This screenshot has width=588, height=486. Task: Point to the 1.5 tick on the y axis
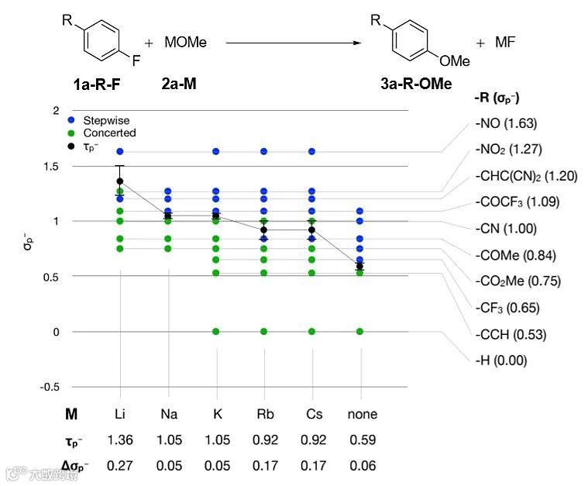[x=51, y=167]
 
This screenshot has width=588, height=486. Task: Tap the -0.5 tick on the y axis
[x=50, y=387]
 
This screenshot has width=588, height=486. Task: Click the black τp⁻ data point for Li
[x=120, y=181]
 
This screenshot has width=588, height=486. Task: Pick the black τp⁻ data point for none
[x=359, y=267]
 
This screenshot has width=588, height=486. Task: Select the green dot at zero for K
[x=216, y=332]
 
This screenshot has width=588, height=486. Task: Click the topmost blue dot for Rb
[x=264, y=151]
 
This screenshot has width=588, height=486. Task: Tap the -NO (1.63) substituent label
[x=506, y=123]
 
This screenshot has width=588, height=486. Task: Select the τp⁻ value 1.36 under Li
[x=120, y=440]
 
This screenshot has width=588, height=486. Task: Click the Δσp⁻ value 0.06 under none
[x=362, y=466]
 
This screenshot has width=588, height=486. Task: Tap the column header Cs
[x=315, y=414]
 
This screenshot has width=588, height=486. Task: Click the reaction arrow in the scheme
[x=294, y=43]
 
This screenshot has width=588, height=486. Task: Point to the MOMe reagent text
[x=185, y=43]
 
